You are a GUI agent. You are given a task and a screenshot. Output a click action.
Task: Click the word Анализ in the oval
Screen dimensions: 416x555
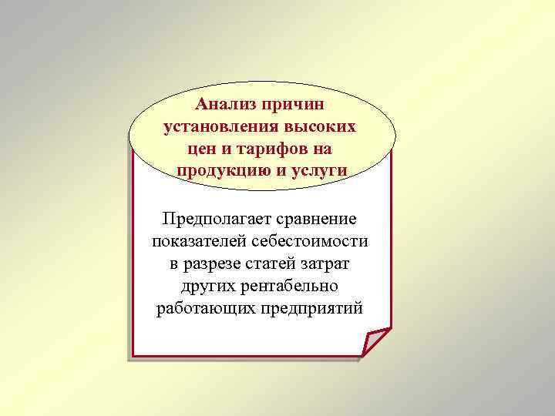(x=227, y=104)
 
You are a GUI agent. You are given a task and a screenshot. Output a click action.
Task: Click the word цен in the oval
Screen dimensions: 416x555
(x=205, y=148)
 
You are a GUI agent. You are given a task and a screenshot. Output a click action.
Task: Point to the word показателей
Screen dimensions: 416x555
(x=197, y=242)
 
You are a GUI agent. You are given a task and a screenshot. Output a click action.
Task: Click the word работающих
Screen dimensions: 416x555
(x=201, y=309)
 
